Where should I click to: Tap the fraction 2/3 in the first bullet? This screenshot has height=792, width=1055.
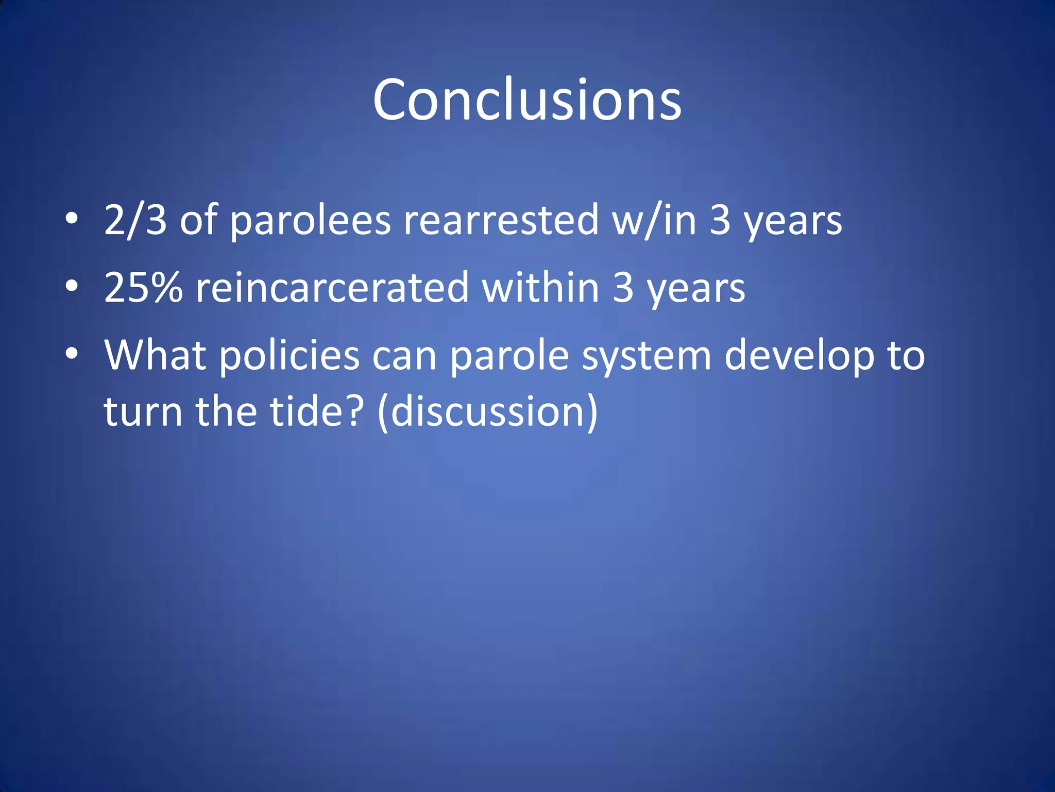pos(135,221)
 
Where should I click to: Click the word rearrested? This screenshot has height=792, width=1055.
pos(501,221)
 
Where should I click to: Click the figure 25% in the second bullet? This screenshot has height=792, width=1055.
pos(143,288)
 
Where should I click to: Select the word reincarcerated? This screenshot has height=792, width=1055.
pos(332,288)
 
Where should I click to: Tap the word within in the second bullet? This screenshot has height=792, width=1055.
pos(540,288)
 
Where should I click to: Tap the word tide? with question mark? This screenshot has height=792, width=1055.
pos(317,411)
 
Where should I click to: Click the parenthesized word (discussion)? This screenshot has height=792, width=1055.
pos(487,411)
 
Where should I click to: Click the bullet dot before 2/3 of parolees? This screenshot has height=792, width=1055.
pos(72,219)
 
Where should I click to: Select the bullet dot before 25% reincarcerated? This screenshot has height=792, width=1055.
pos(72,286)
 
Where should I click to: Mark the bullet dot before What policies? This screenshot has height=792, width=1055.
pos(72,353)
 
